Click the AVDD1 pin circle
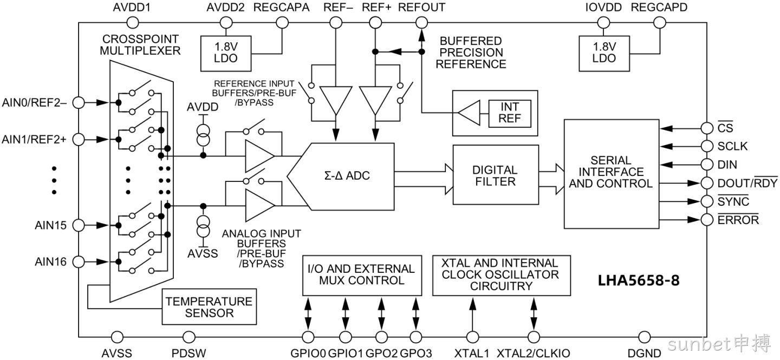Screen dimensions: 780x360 (x=132, y=23)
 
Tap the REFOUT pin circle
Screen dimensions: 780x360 (x=421, y=23)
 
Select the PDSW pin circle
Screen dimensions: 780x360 (x=189, y=337)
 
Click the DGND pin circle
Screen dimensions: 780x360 (x=645, y=337)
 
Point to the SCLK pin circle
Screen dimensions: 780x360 (x=707, y=146)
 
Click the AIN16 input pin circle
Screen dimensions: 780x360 (x=79, y=262)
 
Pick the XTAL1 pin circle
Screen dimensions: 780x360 (x=472, y=337)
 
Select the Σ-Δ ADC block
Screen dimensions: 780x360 (x=341, y=176)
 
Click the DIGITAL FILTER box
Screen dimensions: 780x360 (x=496, y=175)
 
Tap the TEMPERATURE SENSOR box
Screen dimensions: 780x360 (x=209, y=307)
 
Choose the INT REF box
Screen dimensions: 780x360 (x=510, y=113)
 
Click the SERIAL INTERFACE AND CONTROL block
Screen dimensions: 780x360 (x=612, y=174)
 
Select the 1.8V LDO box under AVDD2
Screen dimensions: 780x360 (x=226, y=54)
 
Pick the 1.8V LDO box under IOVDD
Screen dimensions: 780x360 (x=604, y=54)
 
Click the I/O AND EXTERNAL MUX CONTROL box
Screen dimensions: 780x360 (x=362, y=276)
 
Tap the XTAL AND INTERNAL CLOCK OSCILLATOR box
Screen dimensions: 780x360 (x=502, y=276)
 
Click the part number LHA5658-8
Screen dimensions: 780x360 (x=639, y=280)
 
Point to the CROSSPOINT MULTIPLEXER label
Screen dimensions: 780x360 (x=140, y=45)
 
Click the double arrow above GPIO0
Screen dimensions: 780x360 (x=308, y=313)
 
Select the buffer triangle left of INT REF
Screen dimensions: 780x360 (x=469, y=113)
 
